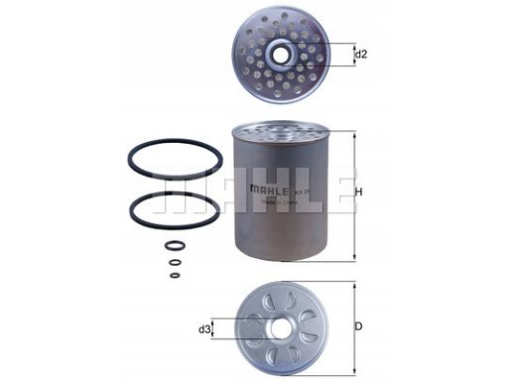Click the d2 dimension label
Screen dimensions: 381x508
click(362, 55)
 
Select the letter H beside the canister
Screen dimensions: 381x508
click(358, 191)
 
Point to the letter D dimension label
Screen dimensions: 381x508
click(358, 326)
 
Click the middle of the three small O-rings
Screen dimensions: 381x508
click(175, 263)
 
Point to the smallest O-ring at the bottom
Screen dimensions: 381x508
click(175, 275)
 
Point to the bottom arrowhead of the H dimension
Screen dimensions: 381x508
click(351, 259)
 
